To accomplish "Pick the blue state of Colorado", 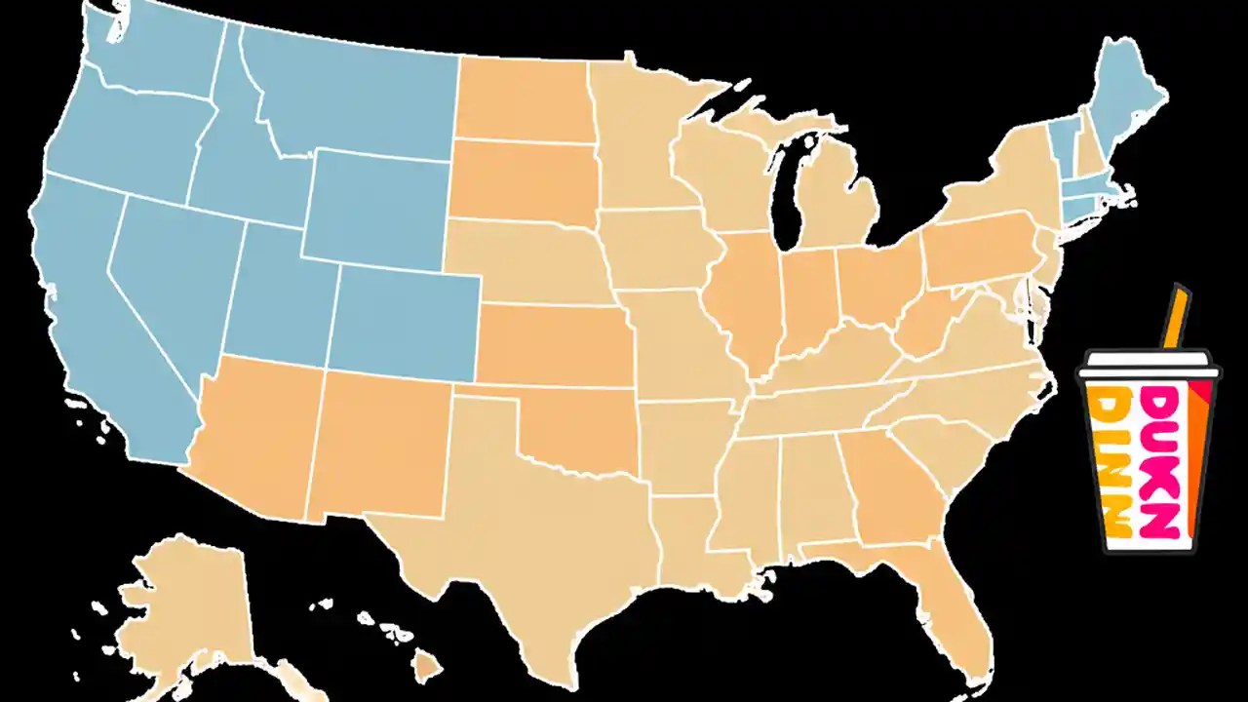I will (x=405, y=322).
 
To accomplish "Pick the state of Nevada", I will (x=166, y=283).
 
